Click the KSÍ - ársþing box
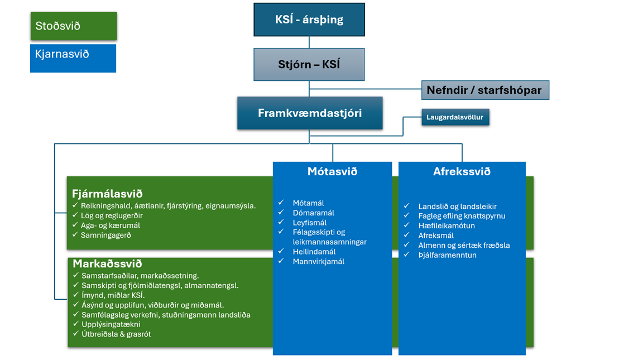[x=309, y=20]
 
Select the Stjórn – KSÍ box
[x=309, y=64]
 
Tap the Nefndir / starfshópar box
[x=484, y=90]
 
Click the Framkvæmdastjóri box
[x=310, y=113]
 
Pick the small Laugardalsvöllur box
[x=455, y=118]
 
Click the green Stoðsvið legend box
[x=73, y=26]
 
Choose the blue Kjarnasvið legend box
[x=73, y=58]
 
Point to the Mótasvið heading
[x=332, y=172]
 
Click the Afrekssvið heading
[x=462, y=172]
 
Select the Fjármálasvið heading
[x=107, y=194]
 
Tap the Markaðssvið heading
[x=107, y=263]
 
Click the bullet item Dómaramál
[x=313, y=213]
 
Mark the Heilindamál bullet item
[x=314, y=252]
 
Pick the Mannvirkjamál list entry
[x=318, y=261]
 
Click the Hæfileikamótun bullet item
[x=447, y=225]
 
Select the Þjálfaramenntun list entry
[x=447, y=255]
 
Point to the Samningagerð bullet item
[x=107, y=235]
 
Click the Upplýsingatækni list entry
[x=111, y=324]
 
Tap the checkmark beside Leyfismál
[x=281, y=223]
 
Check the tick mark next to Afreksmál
[x=407, y=236]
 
